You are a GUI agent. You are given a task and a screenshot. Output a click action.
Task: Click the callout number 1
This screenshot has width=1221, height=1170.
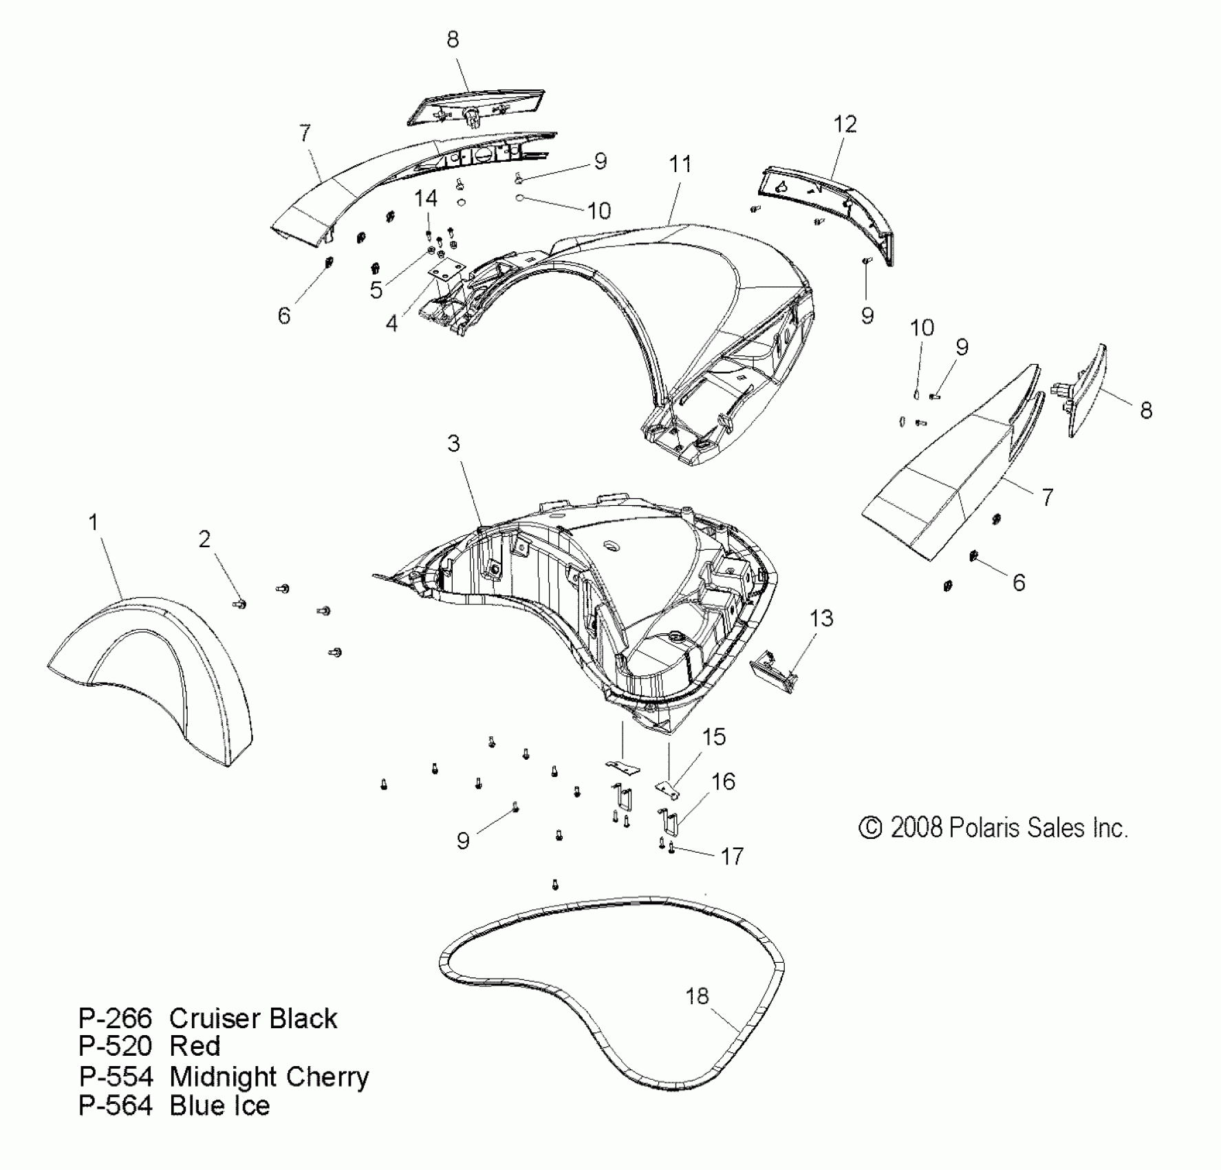[x=94, y=523]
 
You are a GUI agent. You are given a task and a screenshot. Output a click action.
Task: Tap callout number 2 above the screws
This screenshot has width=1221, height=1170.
[x=204, y=540]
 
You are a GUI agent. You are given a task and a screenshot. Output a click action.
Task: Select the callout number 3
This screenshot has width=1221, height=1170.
[x=453, y=444]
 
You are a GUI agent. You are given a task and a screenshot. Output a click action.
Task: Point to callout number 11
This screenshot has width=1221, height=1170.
[x=680, y=164]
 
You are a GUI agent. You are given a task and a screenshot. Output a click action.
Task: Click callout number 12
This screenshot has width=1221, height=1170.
[x=845, y=125]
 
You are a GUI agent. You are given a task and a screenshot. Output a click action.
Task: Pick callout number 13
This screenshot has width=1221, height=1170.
[x=821, y=619]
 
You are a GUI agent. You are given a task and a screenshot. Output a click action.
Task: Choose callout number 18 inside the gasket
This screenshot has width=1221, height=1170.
[x=697, y=996]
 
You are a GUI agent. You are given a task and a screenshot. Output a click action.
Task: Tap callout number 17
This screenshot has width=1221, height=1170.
[x=733, y=856]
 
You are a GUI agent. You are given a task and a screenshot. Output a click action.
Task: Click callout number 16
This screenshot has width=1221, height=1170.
[x=723, y=782]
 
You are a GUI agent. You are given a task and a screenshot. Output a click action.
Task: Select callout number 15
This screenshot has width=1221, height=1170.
[x=713, y=737]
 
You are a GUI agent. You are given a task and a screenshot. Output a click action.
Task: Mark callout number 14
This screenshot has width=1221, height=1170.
[x=426, y=199]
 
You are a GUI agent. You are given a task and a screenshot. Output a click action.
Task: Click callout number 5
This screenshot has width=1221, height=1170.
[x=376, y=290]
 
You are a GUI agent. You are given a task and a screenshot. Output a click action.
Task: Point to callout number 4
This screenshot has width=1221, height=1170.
[x=391, y=323]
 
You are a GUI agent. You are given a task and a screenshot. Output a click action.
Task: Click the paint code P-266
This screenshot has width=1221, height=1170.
[x=115, y=1019]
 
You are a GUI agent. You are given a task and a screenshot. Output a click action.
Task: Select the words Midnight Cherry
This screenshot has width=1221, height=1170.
[x=269, y=1077]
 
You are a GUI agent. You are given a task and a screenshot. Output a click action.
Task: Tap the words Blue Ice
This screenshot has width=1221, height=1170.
[x=219, y=1106]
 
